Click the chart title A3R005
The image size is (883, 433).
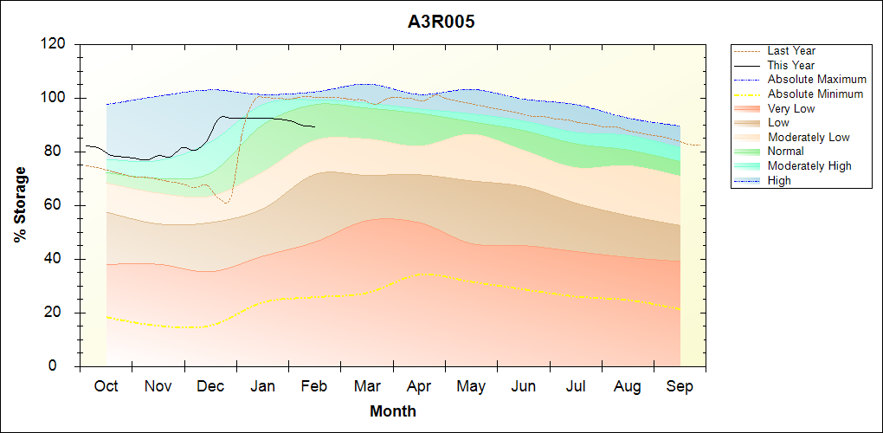441,22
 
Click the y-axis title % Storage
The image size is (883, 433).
20,210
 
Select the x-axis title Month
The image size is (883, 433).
393,411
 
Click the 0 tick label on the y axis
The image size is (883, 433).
64,366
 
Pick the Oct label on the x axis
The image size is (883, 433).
106,386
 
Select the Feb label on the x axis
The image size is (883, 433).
314,386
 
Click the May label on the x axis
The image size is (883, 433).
471,386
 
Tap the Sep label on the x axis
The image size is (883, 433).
680,386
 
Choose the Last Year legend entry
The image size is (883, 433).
790,51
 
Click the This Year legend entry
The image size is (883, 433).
790,65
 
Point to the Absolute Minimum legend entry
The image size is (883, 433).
815,94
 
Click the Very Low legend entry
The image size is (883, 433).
790,108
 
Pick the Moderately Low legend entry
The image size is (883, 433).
808,137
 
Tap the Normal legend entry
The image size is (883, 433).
785,152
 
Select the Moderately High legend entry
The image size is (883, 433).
809,165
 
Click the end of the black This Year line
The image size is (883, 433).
314,126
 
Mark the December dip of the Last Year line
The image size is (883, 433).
225,203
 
